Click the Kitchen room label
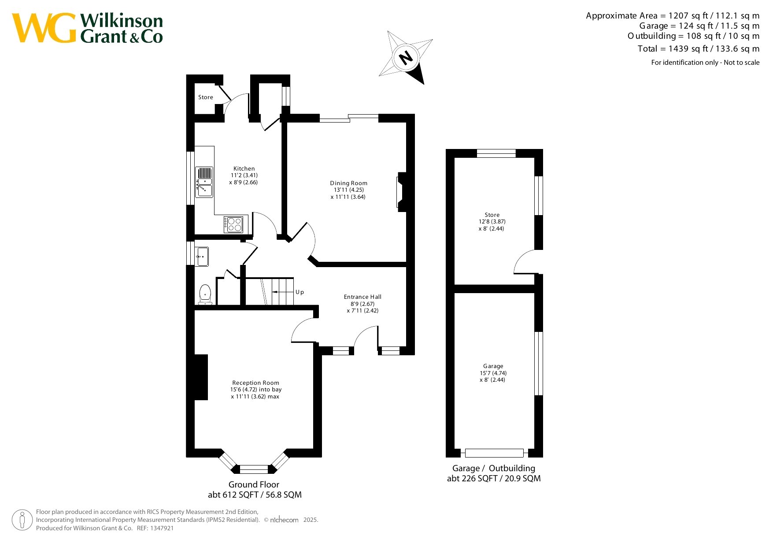(244, 168)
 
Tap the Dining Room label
(348, 183)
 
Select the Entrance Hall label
(362, 297)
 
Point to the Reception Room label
(255, 383)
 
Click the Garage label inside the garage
(493, 366)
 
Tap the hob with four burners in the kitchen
(233, 224)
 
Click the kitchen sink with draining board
(204, 182)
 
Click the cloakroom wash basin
(202, 257)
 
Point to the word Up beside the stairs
(300, 292)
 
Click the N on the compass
(406, 57)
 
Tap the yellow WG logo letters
(44, 28)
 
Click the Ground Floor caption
(254, 484)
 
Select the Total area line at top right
(699, 48)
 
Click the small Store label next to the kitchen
(205, 97)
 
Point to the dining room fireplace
(401, 192)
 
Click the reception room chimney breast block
(201, 377)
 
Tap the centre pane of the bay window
(254, 469)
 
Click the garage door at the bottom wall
(494, 453)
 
